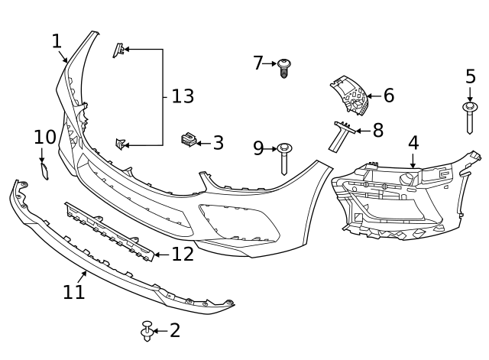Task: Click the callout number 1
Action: tap(57, 41)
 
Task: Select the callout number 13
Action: tap(183, 97)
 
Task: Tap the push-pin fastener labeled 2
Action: tap(147, 331)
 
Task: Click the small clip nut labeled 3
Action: tap(187, 140)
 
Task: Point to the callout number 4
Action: tap(413, 143)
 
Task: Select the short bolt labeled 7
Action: tap(284, 68)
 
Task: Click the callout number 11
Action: tap(74, 292)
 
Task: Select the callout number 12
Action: tap(183, 254)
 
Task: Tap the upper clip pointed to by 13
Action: tap(118, 50)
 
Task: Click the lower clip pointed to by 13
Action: tap(119, 143)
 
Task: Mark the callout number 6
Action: tap(388, 96)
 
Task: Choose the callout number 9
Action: tap(258, 148)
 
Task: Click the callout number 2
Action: tap(175, 331)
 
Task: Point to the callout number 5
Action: tap(470, 76)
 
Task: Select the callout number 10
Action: tap(45, 138)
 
